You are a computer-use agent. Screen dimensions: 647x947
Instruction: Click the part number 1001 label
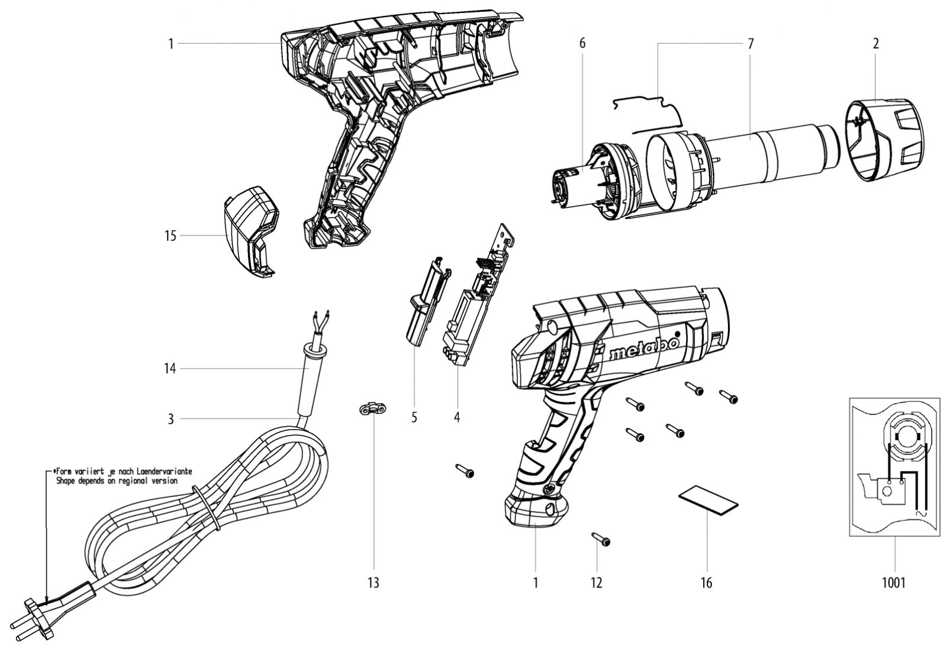pos(894,583)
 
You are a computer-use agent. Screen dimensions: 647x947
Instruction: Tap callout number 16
pos(706,583)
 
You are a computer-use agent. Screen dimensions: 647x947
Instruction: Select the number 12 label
pos(596,583)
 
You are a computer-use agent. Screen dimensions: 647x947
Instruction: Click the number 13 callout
pos(373,583)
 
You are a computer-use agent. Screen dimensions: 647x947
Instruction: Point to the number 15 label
pos(170,236)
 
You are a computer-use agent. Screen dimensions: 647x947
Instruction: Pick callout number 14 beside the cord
pos(170,369)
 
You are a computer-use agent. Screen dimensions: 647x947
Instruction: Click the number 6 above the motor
pos(582,43)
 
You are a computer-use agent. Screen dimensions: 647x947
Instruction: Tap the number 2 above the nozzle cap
pos(876,43)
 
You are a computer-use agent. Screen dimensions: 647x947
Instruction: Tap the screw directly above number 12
pos(600,539)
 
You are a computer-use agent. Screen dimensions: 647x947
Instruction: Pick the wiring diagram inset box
pos(894,467)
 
